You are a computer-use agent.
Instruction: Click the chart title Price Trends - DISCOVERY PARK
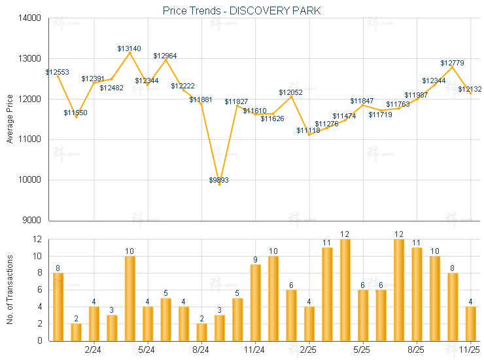[241, 11]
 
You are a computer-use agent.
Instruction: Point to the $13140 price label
[129, 48]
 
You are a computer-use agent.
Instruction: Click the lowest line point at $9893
[219, 185]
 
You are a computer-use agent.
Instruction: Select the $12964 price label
[165, 56]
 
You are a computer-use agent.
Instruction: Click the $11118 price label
[308, 130]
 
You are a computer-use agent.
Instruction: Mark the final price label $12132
[470, 89]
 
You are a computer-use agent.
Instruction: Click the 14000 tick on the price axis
[31, 18]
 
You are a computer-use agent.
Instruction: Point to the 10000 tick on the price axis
[31, 180]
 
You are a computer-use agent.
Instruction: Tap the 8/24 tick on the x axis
[201, 350]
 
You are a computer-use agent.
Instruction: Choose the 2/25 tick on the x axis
[309, 350]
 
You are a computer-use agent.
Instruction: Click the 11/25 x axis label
[470, 350]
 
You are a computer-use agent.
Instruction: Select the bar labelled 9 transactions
[255, 302]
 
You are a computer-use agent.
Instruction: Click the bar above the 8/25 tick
[417, 294]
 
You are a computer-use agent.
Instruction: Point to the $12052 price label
[290, 92]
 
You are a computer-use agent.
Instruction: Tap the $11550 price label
[75, 113]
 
